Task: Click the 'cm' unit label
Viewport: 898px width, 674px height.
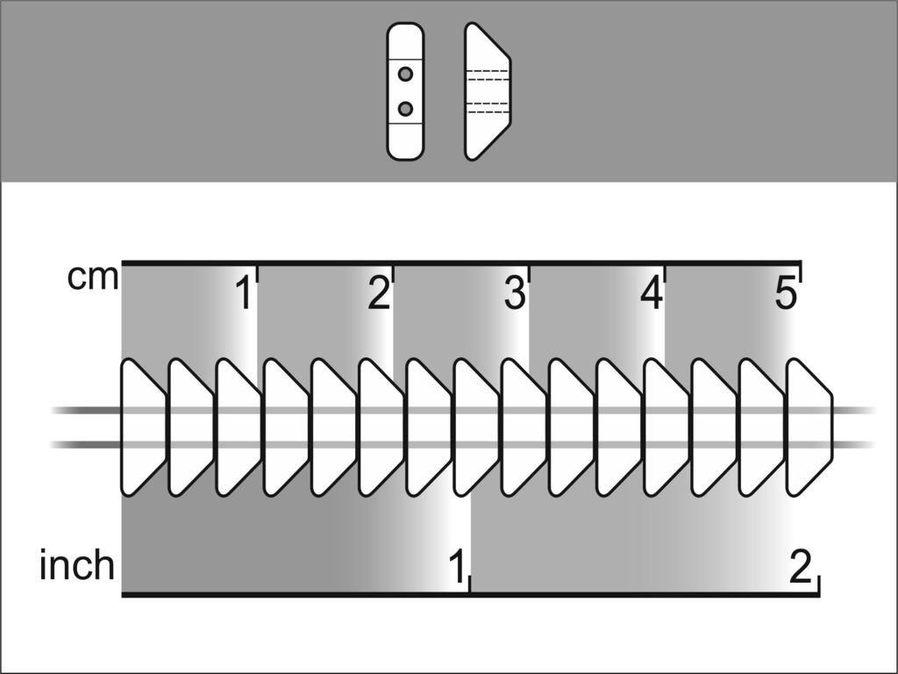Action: pyautogui.click(x=93, y=278)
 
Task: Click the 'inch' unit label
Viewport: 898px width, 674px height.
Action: pyautogui.click(x=77, y=565)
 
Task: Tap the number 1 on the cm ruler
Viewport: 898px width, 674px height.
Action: pyautogui.click(x=245, y=293)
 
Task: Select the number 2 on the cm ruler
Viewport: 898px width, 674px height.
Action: pyautogui.click(x=379, y=293)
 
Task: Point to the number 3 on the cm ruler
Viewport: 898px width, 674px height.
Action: pyautogui.click(x=514, y=293)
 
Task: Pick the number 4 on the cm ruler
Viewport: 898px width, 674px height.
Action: pyautogui.click(x=652, y=293)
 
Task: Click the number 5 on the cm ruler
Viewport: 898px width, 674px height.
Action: pyautogui.click(x=786, y=293)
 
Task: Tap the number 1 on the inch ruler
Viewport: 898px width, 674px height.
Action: pyautogui.click(x=457, y=566)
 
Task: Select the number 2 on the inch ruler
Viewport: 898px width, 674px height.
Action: pyautogui.click(x=801, y=566)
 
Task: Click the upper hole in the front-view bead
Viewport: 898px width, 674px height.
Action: pyautogui.click(x=405, y=74)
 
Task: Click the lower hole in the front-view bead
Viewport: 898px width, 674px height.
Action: pyautogui.click(x=405, y=108)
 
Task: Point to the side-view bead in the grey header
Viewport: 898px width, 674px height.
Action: pyautogui.click(x=488, y=91)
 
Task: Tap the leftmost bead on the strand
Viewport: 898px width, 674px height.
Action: pyautogui.click(x=143, y=427)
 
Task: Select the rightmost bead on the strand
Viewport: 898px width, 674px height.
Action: pyautogui.click(x=809, y=427)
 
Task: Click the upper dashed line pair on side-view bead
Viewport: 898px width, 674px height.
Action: pyautogui.click(x=488, y=75)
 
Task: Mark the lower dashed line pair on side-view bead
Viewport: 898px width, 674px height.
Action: pyautogui.click(x=488, y=108)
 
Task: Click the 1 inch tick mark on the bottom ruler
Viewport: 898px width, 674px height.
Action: pyautogui.click(x=470, y=584)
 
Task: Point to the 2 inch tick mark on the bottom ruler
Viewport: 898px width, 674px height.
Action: pyautogui.click(x=819, y=584)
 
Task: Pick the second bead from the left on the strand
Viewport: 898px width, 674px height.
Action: pyautogui.click(x=190, y=427)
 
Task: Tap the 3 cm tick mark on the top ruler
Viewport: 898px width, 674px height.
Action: pyautogui.click(x=529, y=274)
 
